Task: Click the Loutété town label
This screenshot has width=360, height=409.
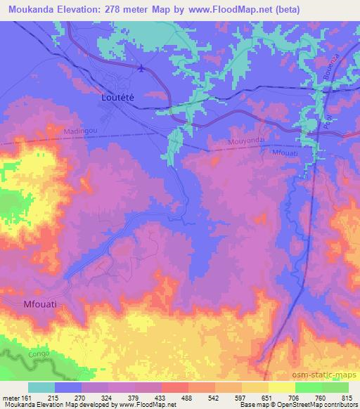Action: point(112,99)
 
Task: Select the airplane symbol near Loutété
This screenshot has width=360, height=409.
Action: point(143,68)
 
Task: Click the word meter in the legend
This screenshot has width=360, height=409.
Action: point(10,397)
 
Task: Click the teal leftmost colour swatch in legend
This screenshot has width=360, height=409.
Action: point(41,387)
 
